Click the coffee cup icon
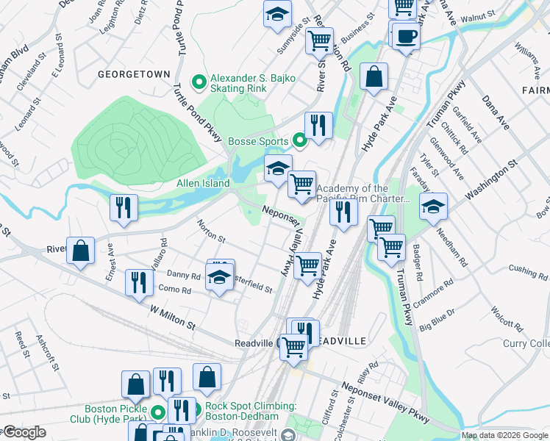click(405, 37)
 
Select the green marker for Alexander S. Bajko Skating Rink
click(198, 82)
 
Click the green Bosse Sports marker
click(299, 140)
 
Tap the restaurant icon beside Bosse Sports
click(318, 126)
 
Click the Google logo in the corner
click(24, 432)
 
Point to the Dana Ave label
click(495, 112)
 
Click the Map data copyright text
click(504, 435)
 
